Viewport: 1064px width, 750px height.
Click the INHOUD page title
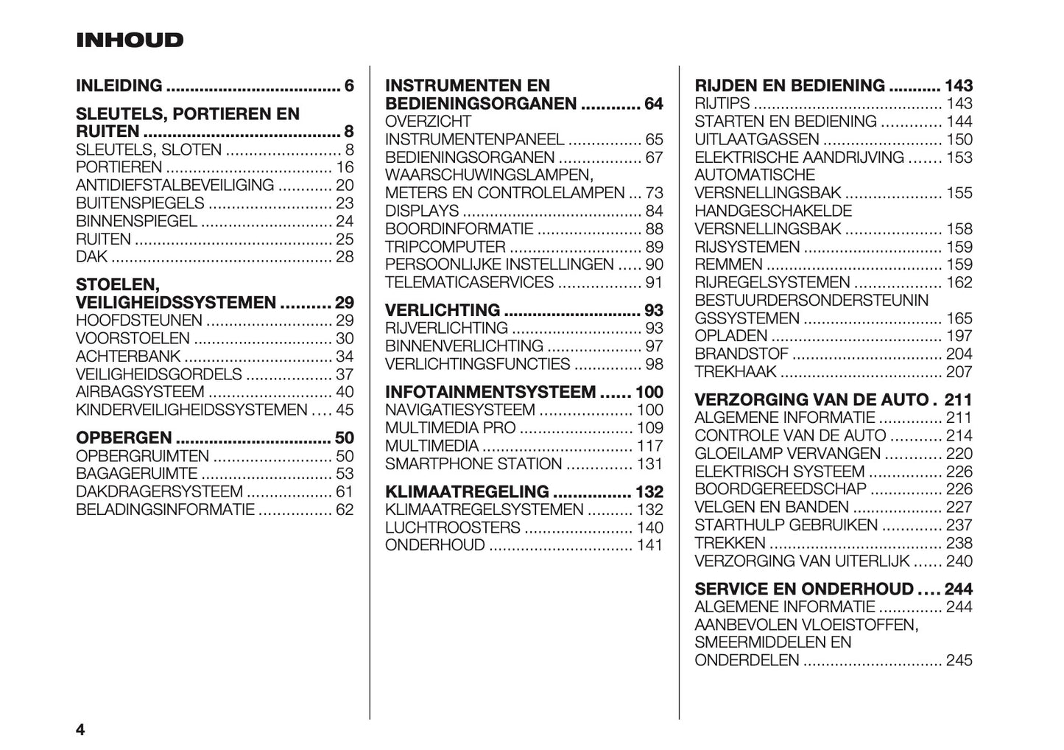click(x=130, y=40)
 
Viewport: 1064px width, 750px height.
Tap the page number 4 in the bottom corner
click(x=80, y=730)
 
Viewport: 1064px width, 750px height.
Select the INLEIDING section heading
click(x=119, y=85)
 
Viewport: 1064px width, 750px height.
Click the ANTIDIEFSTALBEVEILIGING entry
click(x=175, y=186)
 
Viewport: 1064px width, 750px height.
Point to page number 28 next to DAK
click(x=345, y=257)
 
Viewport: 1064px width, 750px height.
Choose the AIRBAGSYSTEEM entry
click(x=140, y=393)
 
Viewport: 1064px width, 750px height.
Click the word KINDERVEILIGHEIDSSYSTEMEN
click(x=191, y=410)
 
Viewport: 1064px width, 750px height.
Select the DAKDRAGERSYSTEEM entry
click(x=159, y=492)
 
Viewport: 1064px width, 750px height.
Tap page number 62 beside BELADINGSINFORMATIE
click(x=345, y=510)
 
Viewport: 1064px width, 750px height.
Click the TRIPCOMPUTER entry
click(x=445, y=248)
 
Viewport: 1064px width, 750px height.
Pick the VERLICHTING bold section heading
click(x=443, y=310)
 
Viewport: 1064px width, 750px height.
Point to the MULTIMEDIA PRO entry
click(x=450, y=428)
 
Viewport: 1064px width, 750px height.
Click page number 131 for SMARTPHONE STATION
click(x=649, y=464)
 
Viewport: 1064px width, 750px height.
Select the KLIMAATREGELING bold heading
click(x=467, y=491)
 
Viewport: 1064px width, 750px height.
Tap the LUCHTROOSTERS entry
click(x=453, y=528)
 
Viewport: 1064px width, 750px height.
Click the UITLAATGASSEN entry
click(x=757, y=140)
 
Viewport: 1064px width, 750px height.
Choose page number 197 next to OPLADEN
click(x=959, y=337)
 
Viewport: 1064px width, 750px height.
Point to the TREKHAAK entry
click(x=736, y=373)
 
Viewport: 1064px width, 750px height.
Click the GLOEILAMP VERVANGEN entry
click(x=787, y=454)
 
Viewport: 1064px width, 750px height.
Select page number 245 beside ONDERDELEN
click(x=959, y=660)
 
